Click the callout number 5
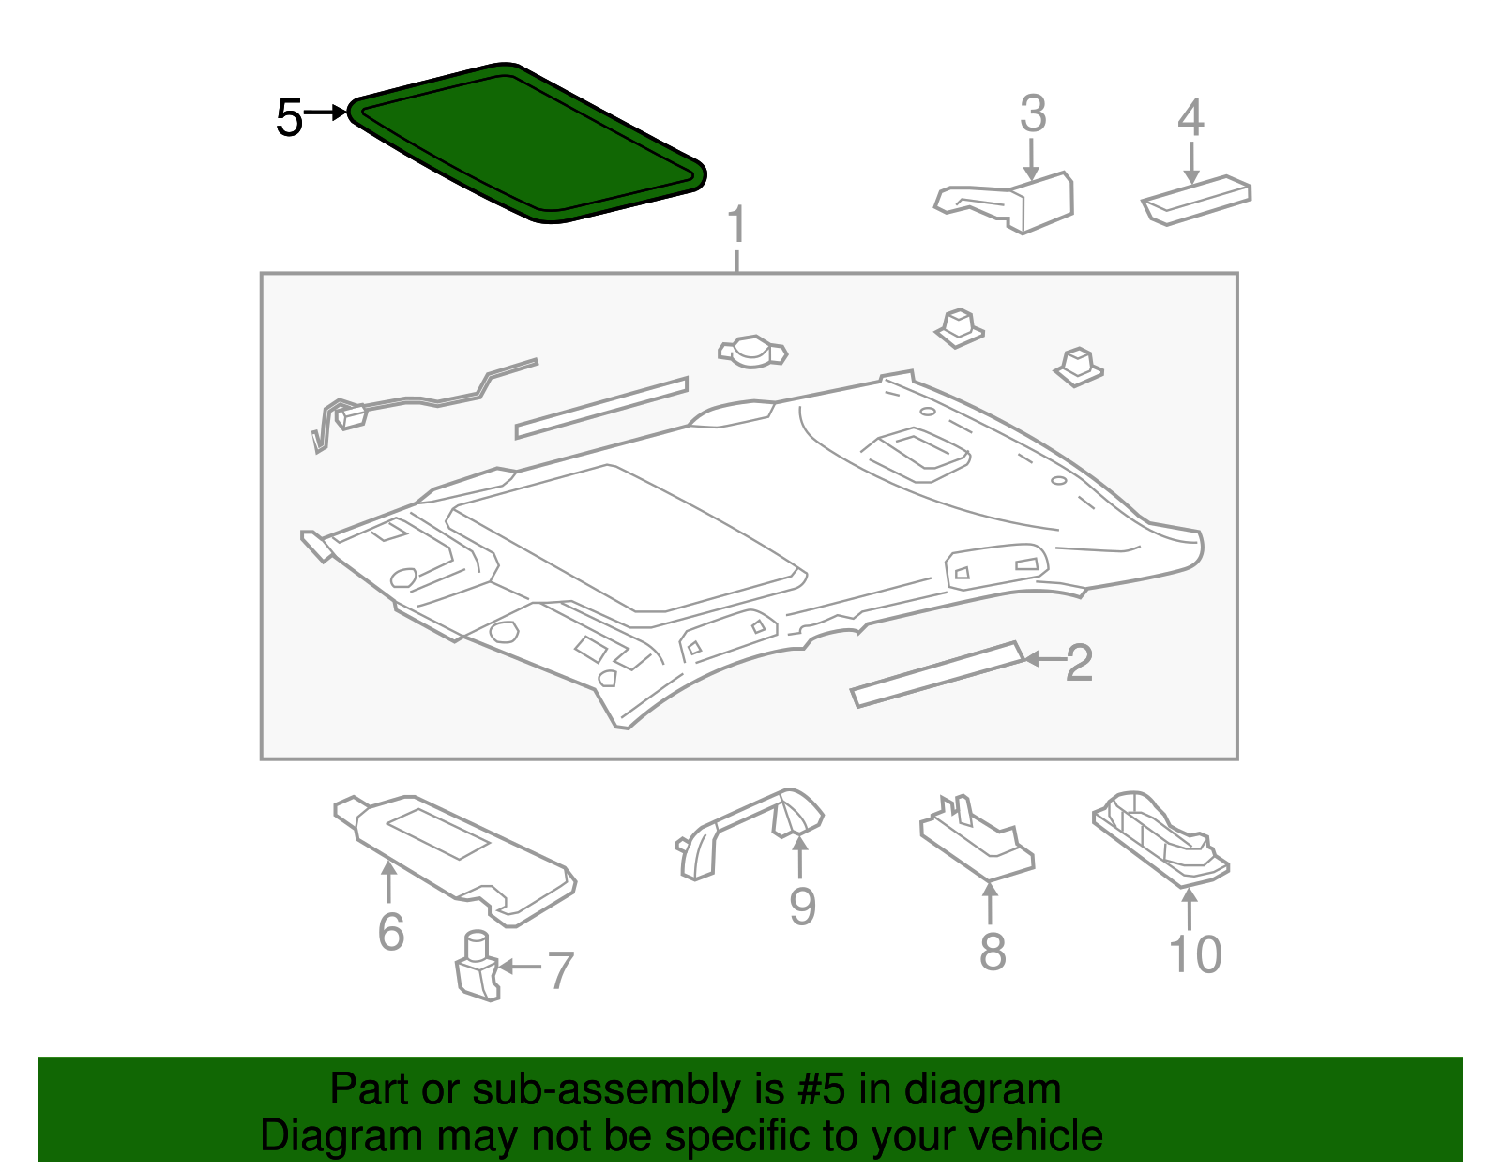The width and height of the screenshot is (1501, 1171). point(289,119)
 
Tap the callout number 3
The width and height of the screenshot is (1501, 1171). point(1033,114)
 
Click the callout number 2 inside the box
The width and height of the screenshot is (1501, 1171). point(1080,663)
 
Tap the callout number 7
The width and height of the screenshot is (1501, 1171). point(560,970)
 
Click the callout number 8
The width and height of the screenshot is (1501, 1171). point(993,952)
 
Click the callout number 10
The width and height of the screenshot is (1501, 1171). point(1195,954)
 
